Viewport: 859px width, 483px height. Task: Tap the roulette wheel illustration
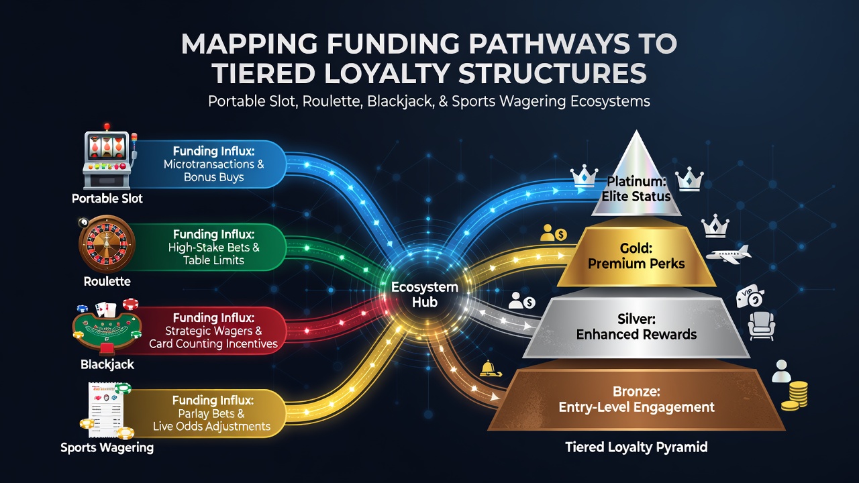tap(107, 244)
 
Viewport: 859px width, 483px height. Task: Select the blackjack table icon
tap(107, 327)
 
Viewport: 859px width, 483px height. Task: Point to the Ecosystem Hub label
tap(425, 294)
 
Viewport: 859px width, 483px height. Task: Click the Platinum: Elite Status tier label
tap(636, 189)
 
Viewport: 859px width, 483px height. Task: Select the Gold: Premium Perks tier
tap(636, 256)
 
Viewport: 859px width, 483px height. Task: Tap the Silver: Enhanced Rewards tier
tap(636, 327)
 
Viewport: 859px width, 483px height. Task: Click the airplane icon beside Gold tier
tap(728, 254)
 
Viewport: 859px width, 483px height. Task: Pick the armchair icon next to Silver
tap(761, 325)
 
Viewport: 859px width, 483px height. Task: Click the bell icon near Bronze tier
tap(490, 369)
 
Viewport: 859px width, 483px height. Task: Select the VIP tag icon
tap(750, 297)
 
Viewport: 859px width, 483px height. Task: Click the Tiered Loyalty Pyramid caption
tap(636, 447)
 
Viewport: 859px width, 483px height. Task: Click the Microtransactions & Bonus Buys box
tap(213, 164)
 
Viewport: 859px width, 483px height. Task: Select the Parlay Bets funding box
tap(211, 413)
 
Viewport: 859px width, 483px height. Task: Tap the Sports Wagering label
tap(107, 447)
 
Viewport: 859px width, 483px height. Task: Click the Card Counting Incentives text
tap(213, 343)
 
